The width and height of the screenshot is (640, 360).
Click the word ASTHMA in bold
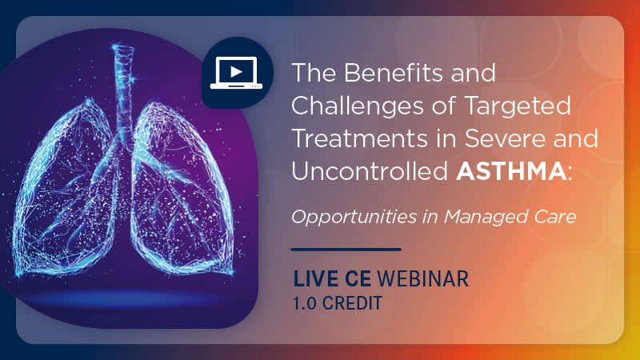(x=511, y=171)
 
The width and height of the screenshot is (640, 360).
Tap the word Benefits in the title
(x=393, y=72)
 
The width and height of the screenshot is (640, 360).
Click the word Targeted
(x=518, y=106)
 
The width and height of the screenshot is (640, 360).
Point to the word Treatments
(x=360, y=138)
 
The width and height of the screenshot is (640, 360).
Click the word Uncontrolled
(x=370, y=170)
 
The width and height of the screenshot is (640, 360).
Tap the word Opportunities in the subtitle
(x=354, y=217)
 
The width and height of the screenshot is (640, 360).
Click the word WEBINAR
(x=423, y=278)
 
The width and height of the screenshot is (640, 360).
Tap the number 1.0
(x=304, y=303)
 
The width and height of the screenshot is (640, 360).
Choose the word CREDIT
(x=352, y=303)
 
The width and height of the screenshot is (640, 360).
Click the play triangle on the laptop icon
(x=236, y=72)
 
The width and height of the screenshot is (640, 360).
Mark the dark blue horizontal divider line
(x=346, y=249)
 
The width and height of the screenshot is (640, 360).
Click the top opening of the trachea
(x=123, y=48)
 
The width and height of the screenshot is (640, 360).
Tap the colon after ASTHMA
(x=570, y=174)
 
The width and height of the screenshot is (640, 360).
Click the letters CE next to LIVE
(x=358, y=278)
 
